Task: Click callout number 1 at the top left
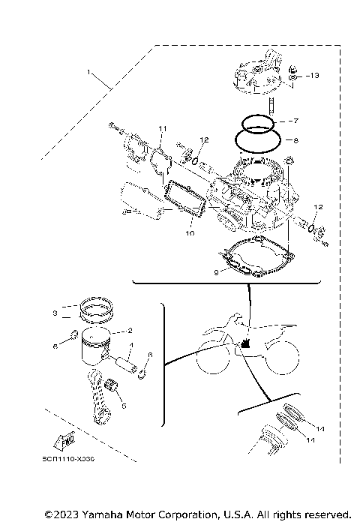tap(88, 73)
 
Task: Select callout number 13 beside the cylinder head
tap(314, 76)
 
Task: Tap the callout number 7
tap(295, 120)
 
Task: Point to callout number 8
tap(295, 139)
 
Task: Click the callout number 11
tap(161, 130)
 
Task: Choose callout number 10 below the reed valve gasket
tap(190, 234)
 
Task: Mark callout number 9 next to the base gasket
tap(217, 273)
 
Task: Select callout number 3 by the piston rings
tap(55, 313)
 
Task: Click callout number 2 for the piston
tap(130, 329)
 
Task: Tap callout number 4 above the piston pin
tap(132, 346)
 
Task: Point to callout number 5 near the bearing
tap(124, 405)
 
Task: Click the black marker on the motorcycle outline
tap(244, 345)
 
